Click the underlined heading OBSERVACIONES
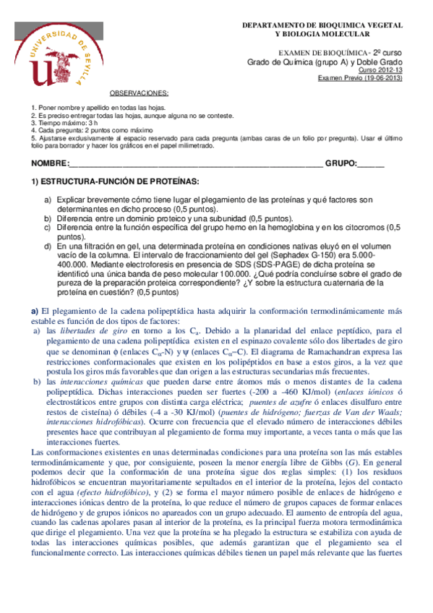pyautogui.click(x=140, y=94)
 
